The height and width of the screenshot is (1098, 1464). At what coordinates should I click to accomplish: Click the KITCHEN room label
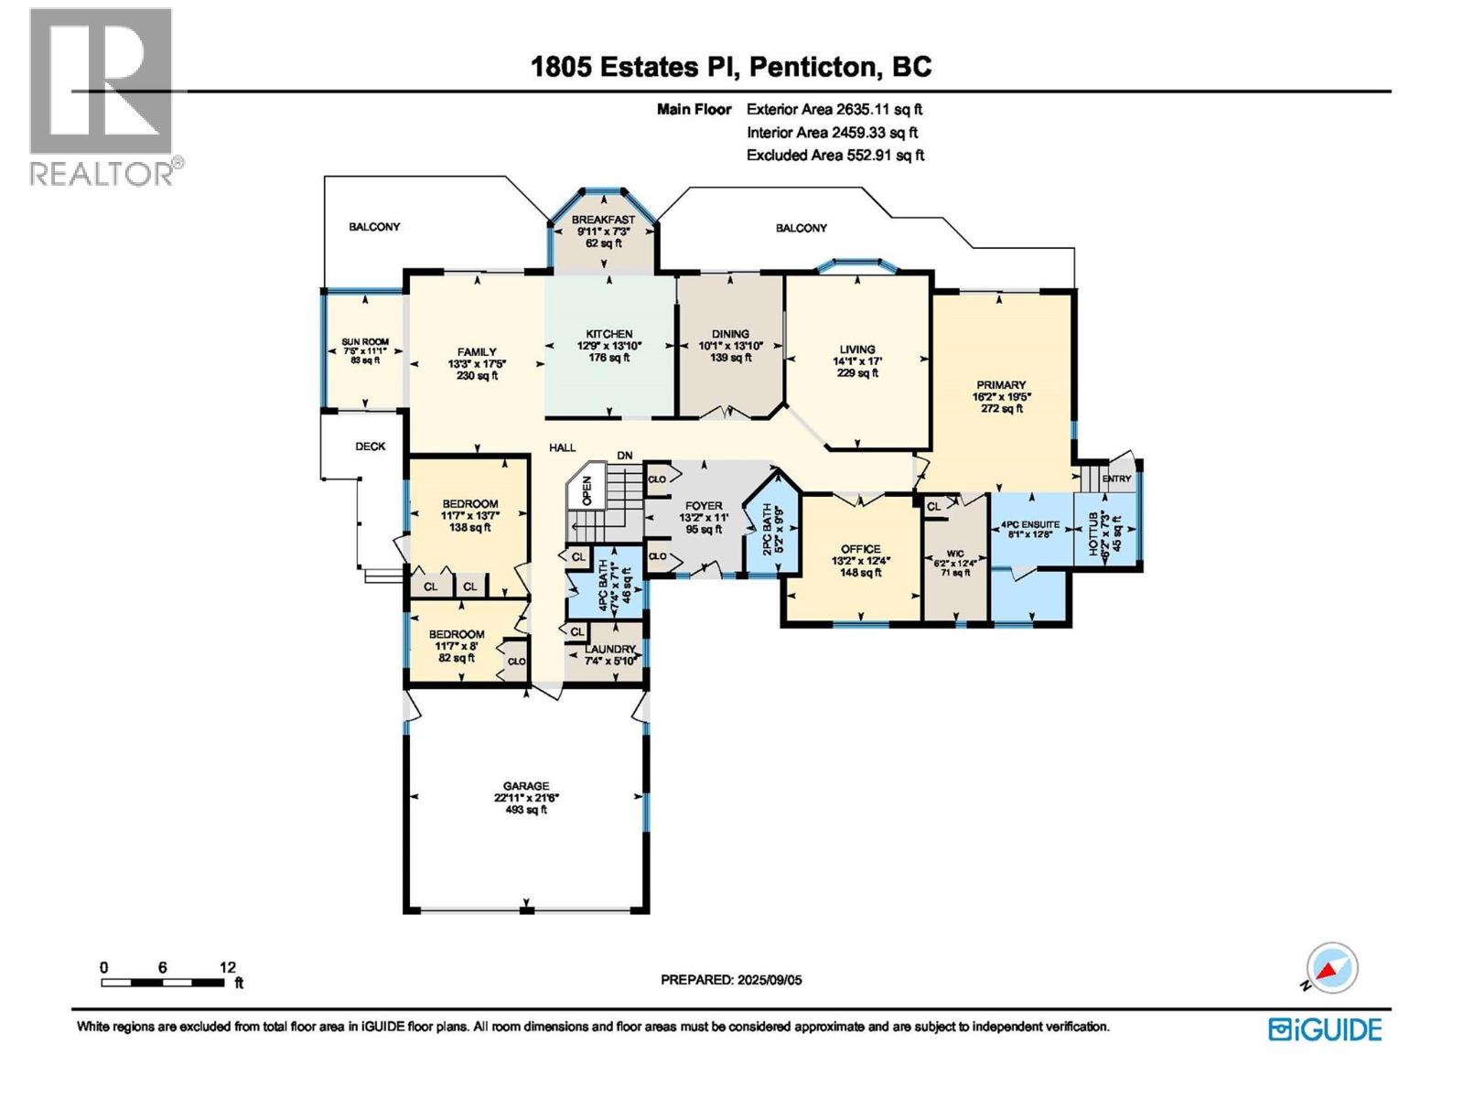coord(609,334)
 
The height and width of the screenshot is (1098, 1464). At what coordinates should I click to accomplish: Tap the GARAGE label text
coord(526,786)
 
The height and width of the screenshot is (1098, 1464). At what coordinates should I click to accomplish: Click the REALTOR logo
coord(104,97)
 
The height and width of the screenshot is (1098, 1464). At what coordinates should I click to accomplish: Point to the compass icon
coord(1330,968)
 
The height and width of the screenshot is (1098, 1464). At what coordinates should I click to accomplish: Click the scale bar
coord(162,983)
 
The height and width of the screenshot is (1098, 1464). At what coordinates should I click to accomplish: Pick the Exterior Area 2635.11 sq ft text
coord(834,109)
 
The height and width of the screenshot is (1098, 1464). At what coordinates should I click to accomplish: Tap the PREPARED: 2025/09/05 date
coord(731,980)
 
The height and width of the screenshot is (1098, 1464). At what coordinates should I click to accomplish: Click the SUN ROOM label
coord(365,342)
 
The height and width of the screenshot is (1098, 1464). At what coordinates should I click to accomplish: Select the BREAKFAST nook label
coord(603,220)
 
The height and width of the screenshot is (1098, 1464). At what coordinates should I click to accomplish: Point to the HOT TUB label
coord(1093,534)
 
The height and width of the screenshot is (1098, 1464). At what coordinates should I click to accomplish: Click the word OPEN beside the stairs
coord(587,490)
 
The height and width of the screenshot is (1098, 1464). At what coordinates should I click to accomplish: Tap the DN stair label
coord(624,456)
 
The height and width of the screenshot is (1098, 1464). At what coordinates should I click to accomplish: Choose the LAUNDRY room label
coord(609,650)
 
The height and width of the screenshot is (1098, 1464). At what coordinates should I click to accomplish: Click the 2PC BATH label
coord(767,530)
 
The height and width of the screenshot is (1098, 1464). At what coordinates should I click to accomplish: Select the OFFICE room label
coord(860,549)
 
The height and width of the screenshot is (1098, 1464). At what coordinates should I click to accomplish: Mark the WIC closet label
coord(955,554)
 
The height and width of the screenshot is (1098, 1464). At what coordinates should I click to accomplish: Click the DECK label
coord(371,447)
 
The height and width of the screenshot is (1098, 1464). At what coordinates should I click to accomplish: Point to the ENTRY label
coord(1116,479)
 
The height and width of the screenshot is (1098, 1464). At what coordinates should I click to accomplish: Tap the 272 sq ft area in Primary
coord(1001,409)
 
